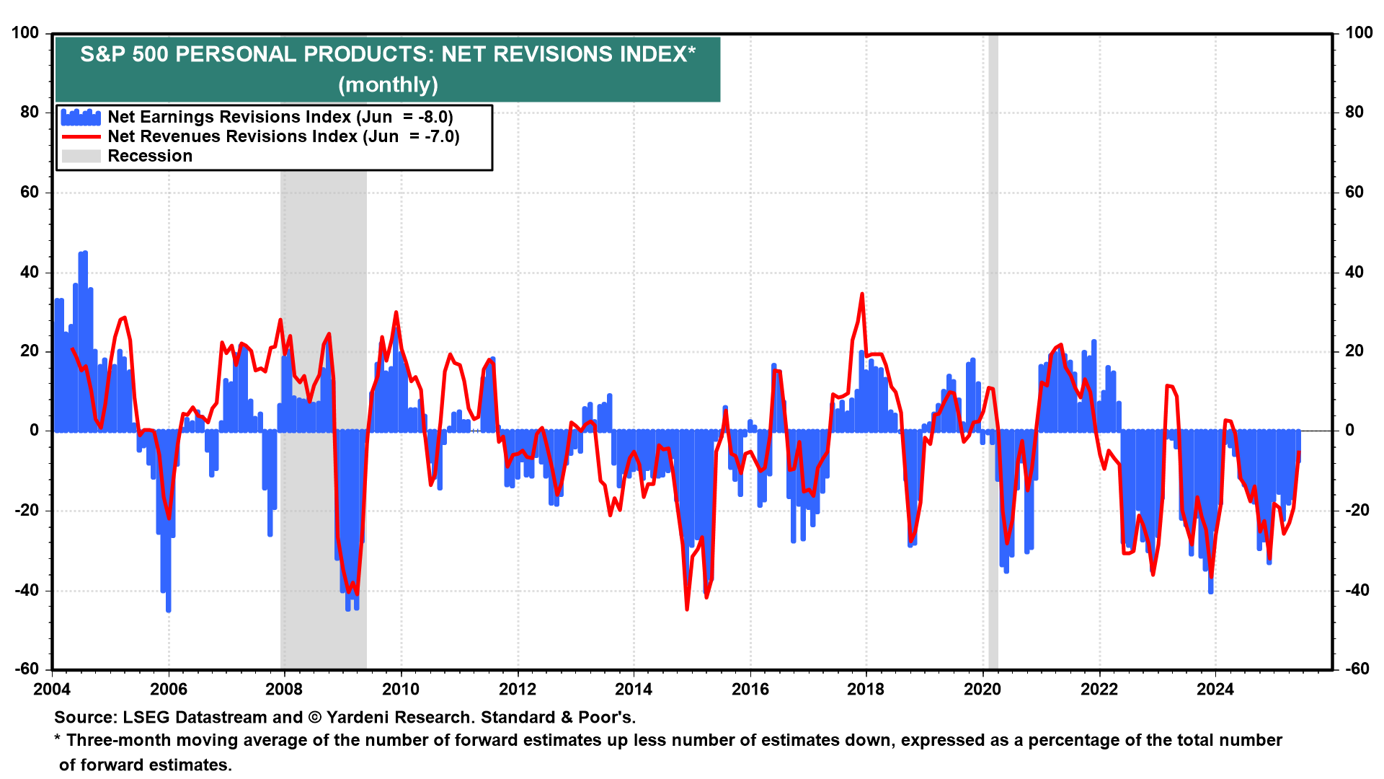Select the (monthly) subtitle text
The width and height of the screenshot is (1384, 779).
[388, 84]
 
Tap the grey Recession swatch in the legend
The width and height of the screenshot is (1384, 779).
[81, 156]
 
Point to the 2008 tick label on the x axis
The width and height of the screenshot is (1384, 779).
[284, 689]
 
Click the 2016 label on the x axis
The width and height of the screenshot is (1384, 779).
[750, 689]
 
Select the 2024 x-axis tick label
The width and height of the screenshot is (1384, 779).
[1215, 689]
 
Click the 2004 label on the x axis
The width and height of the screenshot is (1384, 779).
[52, 689]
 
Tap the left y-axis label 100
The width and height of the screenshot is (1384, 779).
[26, 32]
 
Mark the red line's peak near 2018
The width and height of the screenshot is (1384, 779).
[862, 294]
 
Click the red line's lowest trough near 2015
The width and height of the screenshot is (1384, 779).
[687, 609]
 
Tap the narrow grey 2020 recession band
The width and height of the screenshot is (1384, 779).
[993, 351]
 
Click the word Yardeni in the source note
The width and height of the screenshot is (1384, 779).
[360, 717]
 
